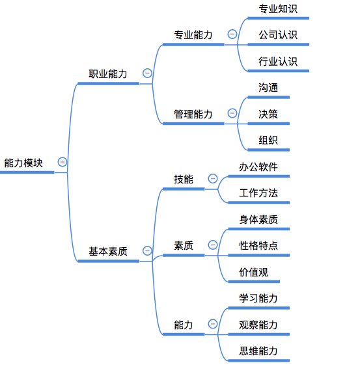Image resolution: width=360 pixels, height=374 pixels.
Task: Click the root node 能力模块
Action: coord(23,163)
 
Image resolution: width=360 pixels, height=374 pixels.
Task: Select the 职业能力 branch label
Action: coord(108,74)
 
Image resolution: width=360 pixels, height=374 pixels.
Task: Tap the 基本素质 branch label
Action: coord(108,252)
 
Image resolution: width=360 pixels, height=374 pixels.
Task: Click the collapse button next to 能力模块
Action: coord(62,162)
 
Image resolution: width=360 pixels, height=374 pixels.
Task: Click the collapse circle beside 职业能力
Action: coord(147,73)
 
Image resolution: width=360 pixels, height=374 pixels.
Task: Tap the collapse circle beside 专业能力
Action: coord(232,34)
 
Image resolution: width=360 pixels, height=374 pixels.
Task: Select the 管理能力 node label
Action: coord(193,114)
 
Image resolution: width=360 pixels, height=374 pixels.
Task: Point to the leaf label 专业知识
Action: coord(278,9)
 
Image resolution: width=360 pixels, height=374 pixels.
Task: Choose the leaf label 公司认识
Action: coord(278,35)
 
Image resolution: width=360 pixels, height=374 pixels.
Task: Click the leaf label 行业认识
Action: coord(278,62)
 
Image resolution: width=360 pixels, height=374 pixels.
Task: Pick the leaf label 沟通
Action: coord(268,88)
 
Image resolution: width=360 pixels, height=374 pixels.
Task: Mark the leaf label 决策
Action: coord(268,114)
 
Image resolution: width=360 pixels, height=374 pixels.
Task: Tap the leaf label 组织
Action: coord(268,140)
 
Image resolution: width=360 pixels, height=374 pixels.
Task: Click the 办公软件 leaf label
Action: coord(258,167)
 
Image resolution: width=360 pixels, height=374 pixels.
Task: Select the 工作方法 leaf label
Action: coord(258,193)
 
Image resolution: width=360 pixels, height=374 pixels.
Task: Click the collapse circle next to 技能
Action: coord(213,178)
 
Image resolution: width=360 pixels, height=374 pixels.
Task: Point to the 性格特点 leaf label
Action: coord(258,246)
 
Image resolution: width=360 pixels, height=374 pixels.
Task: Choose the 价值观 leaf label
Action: coord(254,272)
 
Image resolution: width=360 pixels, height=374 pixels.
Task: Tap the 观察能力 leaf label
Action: coord(258,325)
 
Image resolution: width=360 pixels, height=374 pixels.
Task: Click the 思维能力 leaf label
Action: coord(258,351)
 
